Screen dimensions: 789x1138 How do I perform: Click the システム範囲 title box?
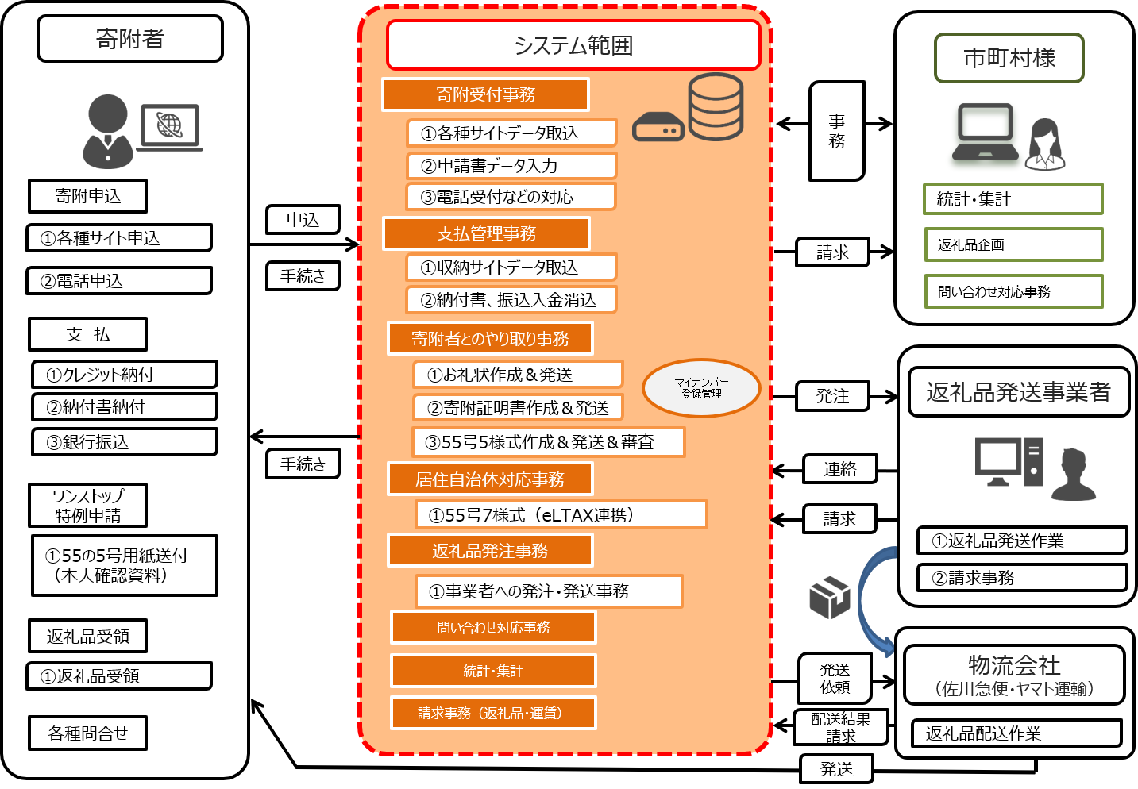pos(573,45)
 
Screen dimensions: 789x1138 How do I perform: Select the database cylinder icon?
pos(716,106)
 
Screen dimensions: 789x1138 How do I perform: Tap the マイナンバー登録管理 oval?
pos(701,388)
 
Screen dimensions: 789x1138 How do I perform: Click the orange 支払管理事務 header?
pos(486,233)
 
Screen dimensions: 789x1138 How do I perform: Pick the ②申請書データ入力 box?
pos(511,166)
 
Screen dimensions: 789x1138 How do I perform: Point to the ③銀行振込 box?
pos(125,442)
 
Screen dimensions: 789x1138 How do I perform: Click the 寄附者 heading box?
pos(130,39)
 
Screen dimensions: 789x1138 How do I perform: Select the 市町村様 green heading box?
pos(1009,58)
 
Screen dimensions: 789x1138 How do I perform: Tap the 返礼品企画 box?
pos(1013,244)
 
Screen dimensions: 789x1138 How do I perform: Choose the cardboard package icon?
pos(829,598)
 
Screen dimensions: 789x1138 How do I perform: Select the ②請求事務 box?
pos(1022,578)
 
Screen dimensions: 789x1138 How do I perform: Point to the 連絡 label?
pos(839,469)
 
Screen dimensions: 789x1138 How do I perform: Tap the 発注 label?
pos(832,396)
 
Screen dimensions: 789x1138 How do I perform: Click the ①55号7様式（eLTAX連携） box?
pos(561,515)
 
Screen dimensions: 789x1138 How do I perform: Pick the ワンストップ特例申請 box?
pos(88,506)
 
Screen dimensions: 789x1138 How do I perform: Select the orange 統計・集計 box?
pos(493,671)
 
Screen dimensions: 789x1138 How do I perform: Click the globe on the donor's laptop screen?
pos(169,125)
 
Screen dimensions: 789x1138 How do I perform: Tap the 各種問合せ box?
pos(88,733)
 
